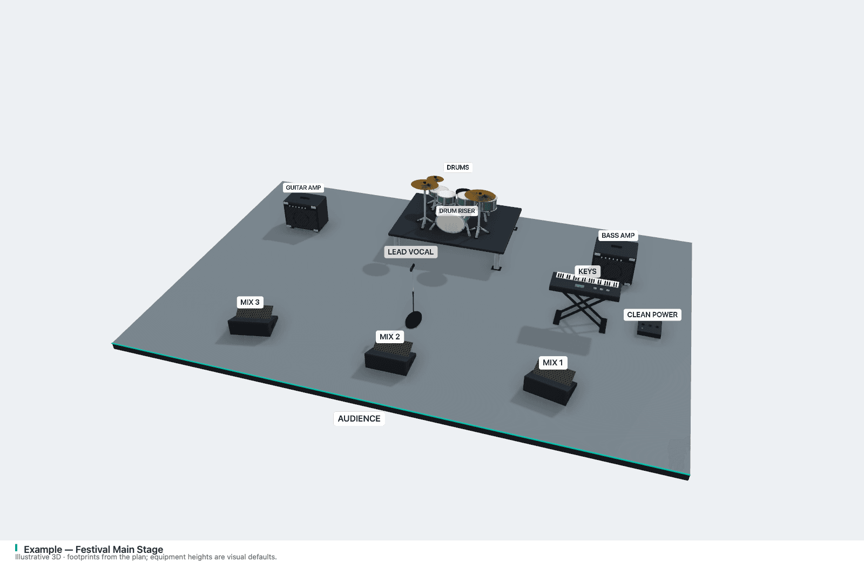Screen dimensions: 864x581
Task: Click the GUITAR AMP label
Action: pos(303,188)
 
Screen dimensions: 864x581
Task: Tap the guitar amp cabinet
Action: pos(306,213)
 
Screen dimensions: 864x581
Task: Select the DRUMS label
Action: pos(458,168)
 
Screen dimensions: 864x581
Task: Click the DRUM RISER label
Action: pos(457,211)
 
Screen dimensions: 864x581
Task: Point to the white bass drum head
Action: pos(450,224)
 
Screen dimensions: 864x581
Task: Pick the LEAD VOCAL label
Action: pos(410,252)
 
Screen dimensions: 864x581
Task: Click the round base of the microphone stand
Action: pos(414,320)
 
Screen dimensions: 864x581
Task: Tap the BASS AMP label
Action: pos(618,236)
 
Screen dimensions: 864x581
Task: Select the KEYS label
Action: pos(588,271)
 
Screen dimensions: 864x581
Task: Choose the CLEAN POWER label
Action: pos(652,315)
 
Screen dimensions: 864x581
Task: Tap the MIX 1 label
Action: pos(553,363)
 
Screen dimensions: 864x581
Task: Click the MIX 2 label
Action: pos(389,337)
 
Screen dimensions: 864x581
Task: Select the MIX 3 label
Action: pos(250,302)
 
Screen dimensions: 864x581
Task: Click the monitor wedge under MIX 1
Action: pos(550,387)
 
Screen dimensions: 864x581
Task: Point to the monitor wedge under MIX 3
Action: pos(253,321)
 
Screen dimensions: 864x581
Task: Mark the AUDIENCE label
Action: pos(359,419)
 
